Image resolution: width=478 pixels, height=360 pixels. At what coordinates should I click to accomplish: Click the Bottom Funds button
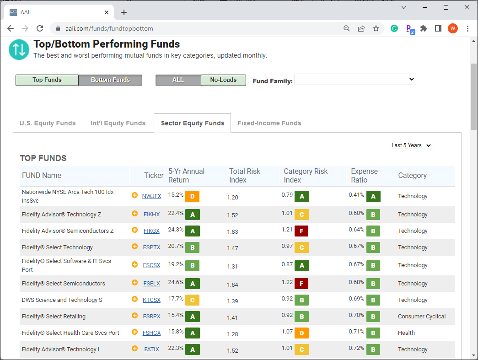(x=110, y=80)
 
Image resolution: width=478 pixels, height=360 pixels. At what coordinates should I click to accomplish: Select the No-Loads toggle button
(x=224, y=80)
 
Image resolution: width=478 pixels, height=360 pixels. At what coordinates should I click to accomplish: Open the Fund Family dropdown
(x=355, y=80)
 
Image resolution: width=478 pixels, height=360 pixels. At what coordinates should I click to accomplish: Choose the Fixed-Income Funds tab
(x=269, y=123)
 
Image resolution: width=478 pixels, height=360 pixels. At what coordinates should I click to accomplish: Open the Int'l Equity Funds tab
(x=118, y=123)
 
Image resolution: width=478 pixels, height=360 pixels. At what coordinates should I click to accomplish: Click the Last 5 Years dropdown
(x=411, y=145)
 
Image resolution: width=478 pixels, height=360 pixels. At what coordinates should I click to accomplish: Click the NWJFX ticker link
(x=151, y=196)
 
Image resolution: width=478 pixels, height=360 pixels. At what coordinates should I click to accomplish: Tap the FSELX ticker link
(x=151, y=284)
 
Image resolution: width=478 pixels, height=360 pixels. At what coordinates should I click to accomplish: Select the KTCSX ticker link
(x=151, y=300)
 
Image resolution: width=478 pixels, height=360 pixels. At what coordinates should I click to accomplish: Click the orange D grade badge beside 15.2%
(x=193, y=197)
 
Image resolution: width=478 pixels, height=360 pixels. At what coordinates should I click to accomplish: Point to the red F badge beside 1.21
(x=301, y=231)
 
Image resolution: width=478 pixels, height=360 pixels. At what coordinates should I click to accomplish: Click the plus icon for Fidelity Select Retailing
(x=134, y=316)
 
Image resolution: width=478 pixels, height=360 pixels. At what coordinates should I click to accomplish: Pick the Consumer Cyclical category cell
(x=422, y=317)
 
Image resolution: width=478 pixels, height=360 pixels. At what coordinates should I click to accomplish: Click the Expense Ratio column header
(x=364, y=176)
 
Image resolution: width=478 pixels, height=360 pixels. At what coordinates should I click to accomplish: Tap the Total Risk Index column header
(x=244, y=176)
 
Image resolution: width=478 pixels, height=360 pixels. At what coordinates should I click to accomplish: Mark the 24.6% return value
(x=176, y=282)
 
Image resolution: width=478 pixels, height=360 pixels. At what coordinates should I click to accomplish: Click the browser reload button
(x=40, y=29)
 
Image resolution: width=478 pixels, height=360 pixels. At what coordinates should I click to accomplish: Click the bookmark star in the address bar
(x=376, y=29)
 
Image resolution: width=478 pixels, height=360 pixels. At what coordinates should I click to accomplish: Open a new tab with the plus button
(x=124, y=12)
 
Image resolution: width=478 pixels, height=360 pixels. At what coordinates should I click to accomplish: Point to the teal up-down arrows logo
(x=19, y=50)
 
